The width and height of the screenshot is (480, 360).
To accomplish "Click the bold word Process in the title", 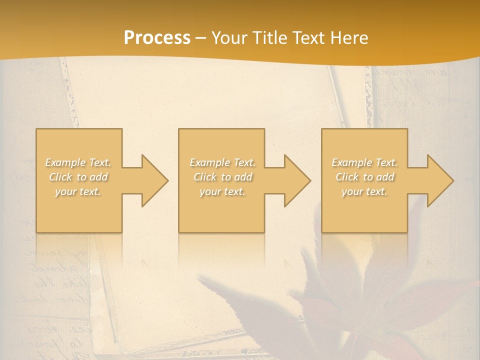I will click(x=157, y=37).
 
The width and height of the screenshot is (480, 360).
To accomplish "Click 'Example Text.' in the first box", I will click(x=78, y=162).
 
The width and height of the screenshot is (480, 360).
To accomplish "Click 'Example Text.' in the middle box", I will click(x=222, y=162).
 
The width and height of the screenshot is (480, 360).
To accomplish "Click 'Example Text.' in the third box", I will click(x=364, y=162).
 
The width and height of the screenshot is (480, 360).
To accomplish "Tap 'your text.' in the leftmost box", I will click(x=78, y=191).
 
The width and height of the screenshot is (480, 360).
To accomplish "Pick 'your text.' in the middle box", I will click(x=222, y=191).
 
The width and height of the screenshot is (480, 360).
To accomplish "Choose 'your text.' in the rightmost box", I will click(x=364, y=191).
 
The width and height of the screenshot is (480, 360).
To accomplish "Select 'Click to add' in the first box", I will click(x=78, y=177).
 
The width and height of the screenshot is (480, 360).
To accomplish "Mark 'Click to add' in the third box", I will click(x=364, y=177).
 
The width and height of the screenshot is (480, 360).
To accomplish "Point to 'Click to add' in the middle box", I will click(x=222, y=177).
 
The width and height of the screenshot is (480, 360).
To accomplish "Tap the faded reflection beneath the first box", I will click(x=79, y=247).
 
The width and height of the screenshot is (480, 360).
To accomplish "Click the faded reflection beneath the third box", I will click(x=364, y=247).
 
